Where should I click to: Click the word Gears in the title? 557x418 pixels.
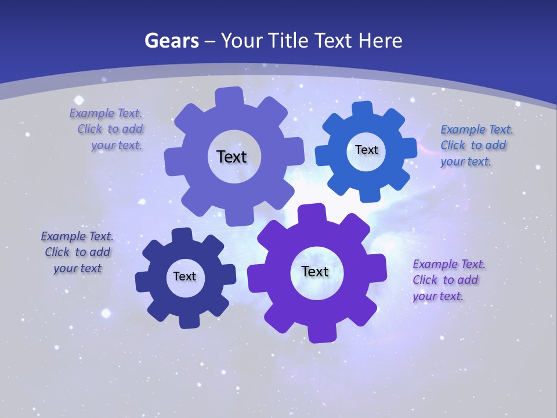point(171,41)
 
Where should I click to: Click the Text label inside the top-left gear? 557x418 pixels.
point(232,157)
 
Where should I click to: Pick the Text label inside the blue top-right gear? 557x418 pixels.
point(366,150)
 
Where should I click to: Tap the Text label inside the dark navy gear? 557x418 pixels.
point(185,276)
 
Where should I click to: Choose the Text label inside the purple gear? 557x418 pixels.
point(315,271)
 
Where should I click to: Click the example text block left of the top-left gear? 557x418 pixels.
point(107,129)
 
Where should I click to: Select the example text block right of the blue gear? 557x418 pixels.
point(475,145)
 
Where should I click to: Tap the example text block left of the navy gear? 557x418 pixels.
point(77,252)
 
